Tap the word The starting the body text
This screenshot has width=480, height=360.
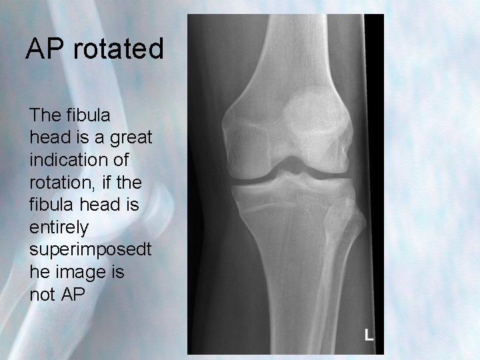tap(45, 115)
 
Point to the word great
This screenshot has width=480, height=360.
tap(131, 138)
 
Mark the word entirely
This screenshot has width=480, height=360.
tap(59, 227)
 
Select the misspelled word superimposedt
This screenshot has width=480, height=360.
tap(91, 249)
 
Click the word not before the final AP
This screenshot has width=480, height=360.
tap(43, 295)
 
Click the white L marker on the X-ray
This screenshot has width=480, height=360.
tap(369, 333)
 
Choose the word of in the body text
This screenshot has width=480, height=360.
tap(118, 160)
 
